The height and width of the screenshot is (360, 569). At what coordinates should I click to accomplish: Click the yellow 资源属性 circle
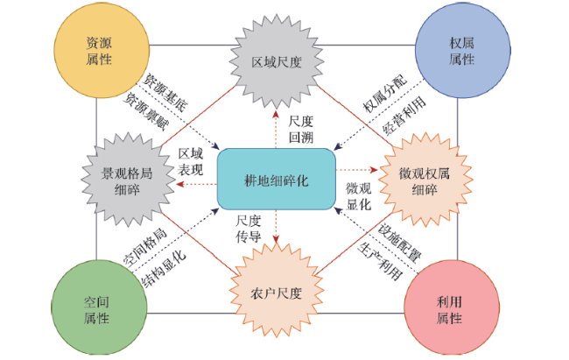point(102,50)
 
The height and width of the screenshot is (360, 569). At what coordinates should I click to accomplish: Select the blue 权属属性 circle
point(463,50)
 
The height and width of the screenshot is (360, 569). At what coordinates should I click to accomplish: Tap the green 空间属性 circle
point(99,307)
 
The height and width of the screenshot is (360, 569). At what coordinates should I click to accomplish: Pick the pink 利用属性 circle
point(452,307)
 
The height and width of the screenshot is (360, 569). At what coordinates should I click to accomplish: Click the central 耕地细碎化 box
point(276,179)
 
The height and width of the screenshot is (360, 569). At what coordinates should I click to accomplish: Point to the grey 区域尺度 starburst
point(277,62)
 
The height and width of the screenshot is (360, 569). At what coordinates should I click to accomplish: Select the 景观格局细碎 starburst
point(128,180)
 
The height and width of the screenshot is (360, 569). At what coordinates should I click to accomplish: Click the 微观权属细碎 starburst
point(425,180)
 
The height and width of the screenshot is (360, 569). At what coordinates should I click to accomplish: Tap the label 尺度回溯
point(301,129)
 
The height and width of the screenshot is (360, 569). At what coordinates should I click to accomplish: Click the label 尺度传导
point(249,229)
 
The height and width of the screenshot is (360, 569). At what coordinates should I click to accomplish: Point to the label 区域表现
point(191,162)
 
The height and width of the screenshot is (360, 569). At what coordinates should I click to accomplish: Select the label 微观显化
point(359,196)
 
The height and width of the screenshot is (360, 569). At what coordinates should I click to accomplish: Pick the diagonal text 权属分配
point(385,94)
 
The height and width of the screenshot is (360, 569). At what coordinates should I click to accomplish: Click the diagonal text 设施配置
point(399,243)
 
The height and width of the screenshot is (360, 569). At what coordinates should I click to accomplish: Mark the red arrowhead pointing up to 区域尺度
point(276,115)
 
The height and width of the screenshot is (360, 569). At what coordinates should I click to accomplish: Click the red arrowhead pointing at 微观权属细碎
point(374,170)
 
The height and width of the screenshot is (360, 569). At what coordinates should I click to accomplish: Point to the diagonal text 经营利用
point(404,116)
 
